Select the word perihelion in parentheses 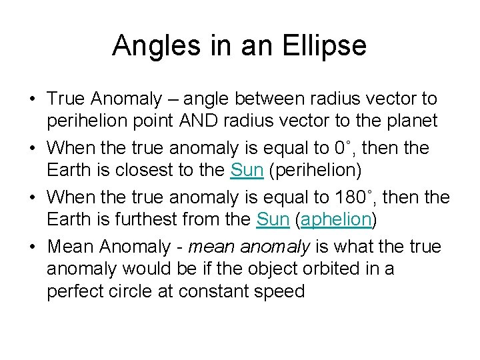313,171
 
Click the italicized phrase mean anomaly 250,247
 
